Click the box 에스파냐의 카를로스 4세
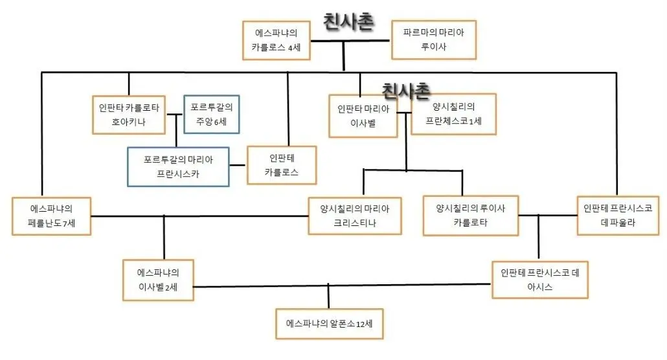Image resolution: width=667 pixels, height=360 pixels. (x=276, y=40)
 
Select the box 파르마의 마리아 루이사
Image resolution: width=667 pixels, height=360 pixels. (x=433, y=39)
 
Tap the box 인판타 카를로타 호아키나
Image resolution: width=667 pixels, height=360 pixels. (x=129, y=115)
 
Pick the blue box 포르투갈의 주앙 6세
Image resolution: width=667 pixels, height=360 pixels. (x=211, y=115)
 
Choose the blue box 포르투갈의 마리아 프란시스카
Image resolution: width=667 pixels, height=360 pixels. (x=178, y=167)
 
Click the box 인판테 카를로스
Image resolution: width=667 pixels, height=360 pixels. (x=282, y=165)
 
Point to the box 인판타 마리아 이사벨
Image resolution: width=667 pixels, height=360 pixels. (x=363, y=116)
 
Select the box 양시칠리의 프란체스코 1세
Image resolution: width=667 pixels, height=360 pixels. (x=453, y=114)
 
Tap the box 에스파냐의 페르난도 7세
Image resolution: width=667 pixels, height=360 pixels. (x=51, y=216)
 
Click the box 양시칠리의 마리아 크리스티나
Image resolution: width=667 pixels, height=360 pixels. (x=355, y=216)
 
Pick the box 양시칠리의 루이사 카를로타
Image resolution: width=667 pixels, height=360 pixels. (x=471, y=216)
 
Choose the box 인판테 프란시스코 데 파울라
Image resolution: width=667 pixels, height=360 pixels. (x=618, y=216)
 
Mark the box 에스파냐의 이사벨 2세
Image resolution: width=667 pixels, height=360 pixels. (x=158, y=280)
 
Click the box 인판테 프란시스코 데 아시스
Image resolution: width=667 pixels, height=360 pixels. (x=540, y=280)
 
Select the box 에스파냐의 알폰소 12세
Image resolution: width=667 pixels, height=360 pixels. (x=329, y=324)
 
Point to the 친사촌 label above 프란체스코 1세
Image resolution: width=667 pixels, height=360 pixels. (x=406, y=91)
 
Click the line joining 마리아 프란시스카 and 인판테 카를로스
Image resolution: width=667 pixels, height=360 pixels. (x=238, y=165)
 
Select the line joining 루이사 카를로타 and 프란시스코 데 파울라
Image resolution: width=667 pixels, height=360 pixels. (x=548, y=216)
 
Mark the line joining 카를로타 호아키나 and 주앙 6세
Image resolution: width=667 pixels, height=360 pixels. (x=175, y=114)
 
